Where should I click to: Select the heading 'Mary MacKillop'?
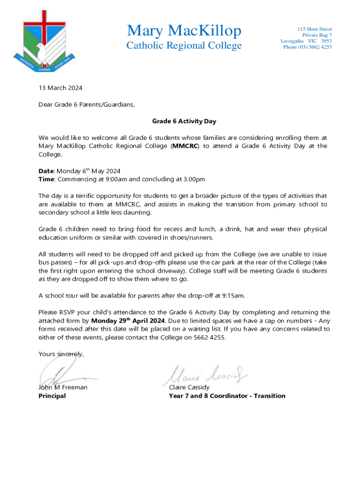tap(184, 31)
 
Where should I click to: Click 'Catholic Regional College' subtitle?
tap(184, 45)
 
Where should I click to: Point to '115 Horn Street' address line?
tap(315, 29)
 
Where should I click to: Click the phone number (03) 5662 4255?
tap(308, 47)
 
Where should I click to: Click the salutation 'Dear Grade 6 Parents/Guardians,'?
tap(86, 105)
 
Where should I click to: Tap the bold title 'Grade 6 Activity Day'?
tap(184, 122)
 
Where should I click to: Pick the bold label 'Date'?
tap(46, 171)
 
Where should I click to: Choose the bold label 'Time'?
tap(46, 179)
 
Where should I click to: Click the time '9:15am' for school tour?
tap(232, 296)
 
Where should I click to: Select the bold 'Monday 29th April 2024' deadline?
tap(128, 321)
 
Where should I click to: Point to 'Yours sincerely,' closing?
tap(61, 354)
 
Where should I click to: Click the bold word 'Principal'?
tap(52, 396)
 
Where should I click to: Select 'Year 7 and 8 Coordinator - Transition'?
tap(227, 396)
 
